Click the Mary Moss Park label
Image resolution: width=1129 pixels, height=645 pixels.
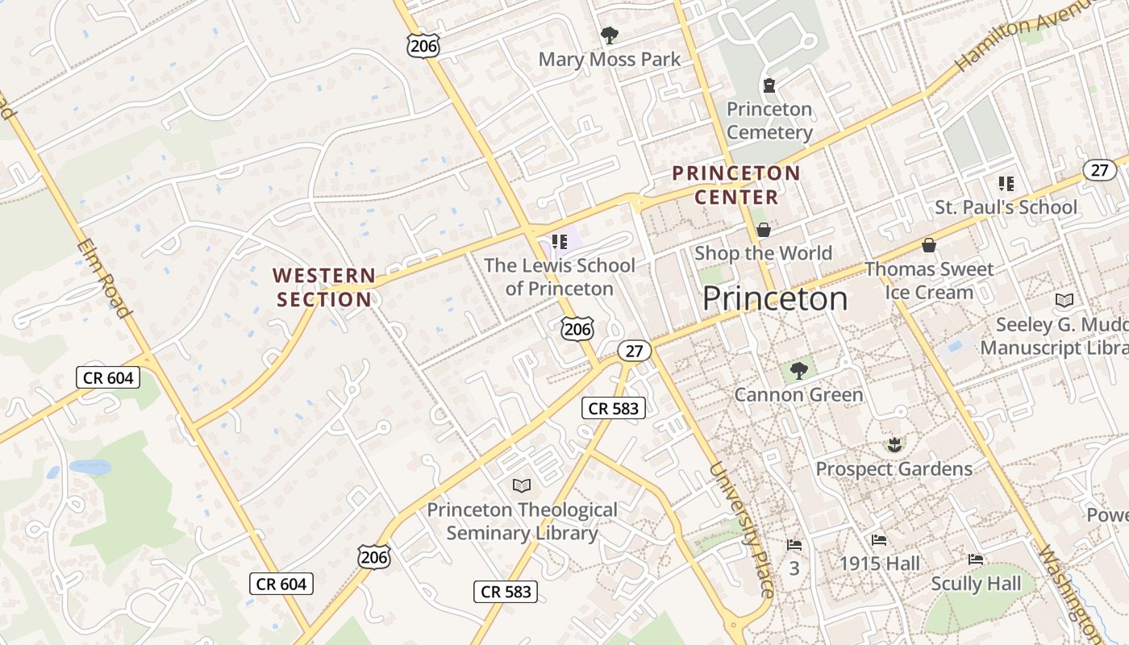click(x=609, y=60)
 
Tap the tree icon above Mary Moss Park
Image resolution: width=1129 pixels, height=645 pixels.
click(x=609, y=35)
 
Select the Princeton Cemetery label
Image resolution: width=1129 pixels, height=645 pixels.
click(x=769, y=121)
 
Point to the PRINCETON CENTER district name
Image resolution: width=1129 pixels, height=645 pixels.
click(x=736, y=185)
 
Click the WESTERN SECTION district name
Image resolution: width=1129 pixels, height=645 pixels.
click(x=324, y=288)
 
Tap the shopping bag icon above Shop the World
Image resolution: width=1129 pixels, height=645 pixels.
click(x=763, y=230)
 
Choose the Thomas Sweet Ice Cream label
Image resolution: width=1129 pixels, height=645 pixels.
click(x=929, y=281)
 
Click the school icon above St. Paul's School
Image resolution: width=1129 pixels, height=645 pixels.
click(x=1006, y=184)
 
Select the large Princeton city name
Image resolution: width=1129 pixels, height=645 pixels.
click(x=774, y=299)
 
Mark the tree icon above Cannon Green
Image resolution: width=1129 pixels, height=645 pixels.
click(x=798, y=371)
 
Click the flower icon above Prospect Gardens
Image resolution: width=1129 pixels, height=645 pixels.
click(x=894, y=444)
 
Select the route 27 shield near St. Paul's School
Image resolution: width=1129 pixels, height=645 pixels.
click(x=1099, y=170)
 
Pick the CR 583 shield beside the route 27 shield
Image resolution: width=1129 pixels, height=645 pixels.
click(x=614, y=408)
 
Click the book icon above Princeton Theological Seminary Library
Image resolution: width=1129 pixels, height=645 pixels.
click(x=522, y=485)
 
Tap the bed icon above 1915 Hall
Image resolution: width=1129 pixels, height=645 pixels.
click(x=879, y=539)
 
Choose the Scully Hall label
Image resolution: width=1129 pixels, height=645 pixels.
click(x=976, y=584)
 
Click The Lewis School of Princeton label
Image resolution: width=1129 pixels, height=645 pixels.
click(x=560, y=277)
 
